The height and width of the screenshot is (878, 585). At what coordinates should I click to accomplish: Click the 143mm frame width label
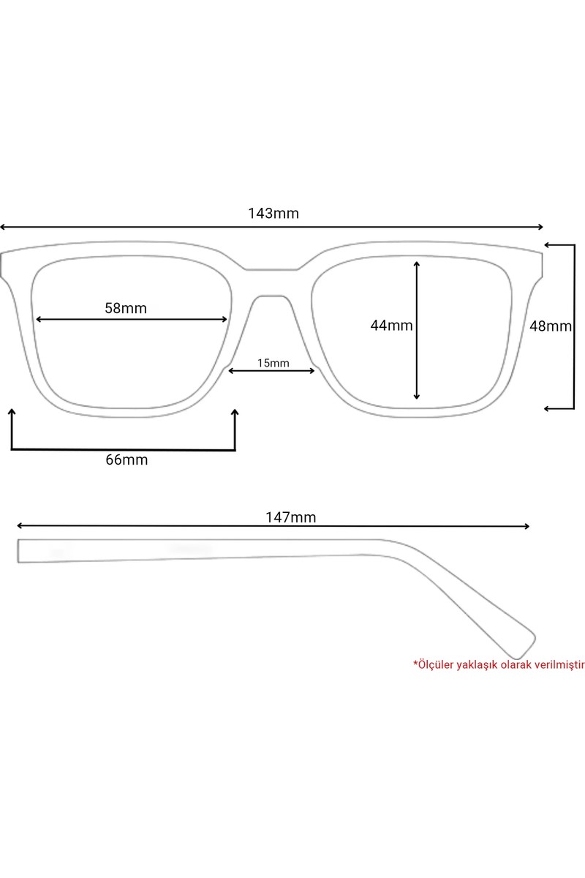click(x=273, y=213)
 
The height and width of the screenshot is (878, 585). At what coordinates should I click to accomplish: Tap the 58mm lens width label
click(x=126, y=308)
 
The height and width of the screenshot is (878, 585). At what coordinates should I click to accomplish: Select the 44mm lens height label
click(x=391, y=326)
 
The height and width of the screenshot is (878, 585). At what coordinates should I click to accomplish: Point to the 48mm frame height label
click(x=551, y=326)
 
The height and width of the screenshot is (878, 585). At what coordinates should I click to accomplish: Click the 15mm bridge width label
click(x=273, y=363)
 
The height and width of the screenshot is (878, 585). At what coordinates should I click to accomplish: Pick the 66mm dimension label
click(x=127, y=459)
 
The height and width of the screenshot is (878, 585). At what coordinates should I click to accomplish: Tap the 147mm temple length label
click(x=291, y=517)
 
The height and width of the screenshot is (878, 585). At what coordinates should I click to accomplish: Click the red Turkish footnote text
click(x=499, y=665)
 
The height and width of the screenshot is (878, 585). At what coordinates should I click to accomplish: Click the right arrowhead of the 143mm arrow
click(x=540, y=227)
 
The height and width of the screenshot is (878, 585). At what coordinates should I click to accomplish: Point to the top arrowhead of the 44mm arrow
click(x=417, y=264)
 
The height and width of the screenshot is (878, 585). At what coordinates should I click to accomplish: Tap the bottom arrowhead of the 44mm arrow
click(x=417, y=397)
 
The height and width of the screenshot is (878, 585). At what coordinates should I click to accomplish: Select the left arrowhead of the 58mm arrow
click(x=39, y=320)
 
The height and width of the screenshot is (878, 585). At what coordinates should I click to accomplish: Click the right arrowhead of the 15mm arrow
click(x=312, y=370)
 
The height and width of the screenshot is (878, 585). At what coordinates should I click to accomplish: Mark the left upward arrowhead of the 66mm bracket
click(x=12, y=412)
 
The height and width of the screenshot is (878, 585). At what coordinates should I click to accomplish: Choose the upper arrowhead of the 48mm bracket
click(x=548, y=245)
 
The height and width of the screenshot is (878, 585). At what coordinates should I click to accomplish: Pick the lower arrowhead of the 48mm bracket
click(x=548, y=409)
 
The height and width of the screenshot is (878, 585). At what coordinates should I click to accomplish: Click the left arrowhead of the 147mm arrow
click(x=20, y=525)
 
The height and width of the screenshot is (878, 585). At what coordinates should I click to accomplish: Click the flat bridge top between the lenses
click(x=271, y=270)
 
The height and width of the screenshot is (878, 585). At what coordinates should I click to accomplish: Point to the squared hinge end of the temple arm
click(x=18, y=551)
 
